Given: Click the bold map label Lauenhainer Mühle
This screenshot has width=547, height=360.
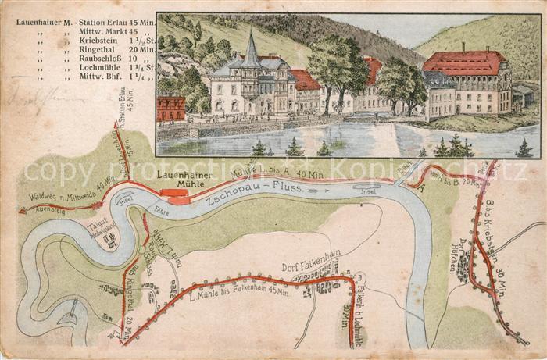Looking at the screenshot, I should [185, 180].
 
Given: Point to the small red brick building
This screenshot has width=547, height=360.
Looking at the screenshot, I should [171, 109].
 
